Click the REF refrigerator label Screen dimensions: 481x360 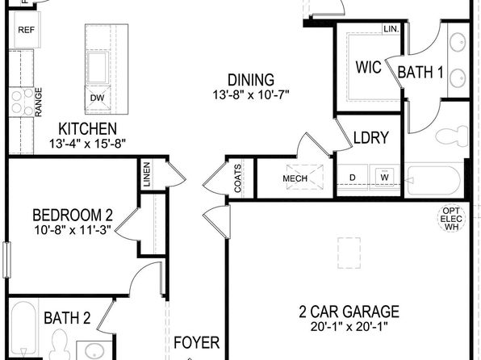point(27,30)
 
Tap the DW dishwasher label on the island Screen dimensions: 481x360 point(97,98)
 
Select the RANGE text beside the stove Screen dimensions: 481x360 point(39,103)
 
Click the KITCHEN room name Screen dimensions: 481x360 point(87,129)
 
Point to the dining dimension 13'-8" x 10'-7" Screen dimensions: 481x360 point(251,94)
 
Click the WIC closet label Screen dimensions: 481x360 point(369,67)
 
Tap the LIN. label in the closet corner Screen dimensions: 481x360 point(391,29)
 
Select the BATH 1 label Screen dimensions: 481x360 point(420,73)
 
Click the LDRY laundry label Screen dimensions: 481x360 point(371,137)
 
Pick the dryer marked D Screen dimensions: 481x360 point(353,178)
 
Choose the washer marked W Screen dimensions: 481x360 point(385,177)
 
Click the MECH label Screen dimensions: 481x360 point(295,178)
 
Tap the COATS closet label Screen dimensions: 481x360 point(238,178)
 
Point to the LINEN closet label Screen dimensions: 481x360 point(147,174)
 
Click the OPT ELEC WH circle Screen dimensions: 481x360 point(451,219)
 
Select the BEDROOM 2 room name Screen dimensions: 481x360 point(73,216)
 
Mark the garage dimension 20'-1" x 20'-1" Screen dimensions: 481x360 point(349,327)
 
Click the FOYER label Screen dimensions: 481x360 point(197,343)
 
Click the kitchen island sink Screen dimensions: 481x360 point(98,68)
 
